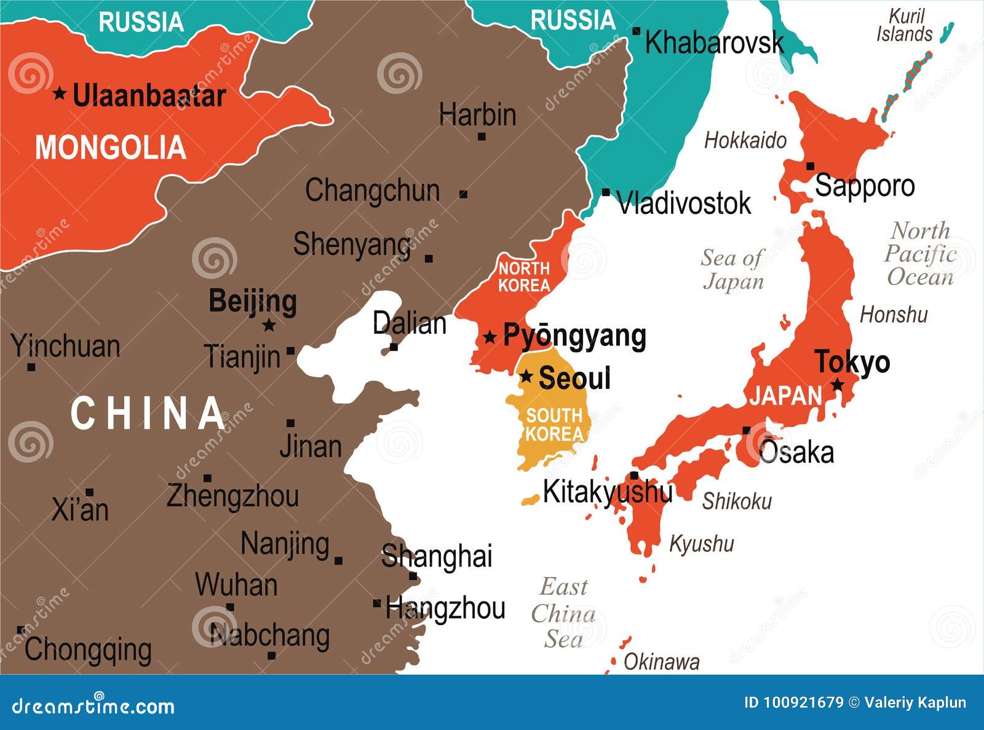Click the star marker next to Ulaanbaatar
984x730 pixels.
coord(59,93)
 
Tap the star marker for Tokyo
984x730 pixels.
coord(838,385)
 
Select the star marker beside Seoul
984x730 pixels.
coord(526,376)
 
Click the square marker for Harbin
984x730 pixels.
coord(482,136)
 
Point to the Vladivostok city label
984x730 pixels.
coord(683,203)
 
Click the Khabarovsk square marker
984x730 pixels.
coord(637,31)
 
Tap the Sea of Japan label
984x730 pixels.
coord(732,269)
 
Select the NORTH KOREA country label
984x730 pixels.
coord(524,277)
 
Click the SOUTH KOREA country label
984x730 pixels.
coord(553,425)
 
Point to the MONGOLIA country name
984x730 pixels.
coord(111,148)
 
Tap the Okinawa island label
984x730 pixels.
coord(661,662)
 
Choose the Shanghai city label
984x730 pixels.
coord(437,557)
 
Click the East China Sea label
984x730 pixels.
coord(563,613)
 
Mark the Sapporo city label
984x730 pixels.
coord(864,186)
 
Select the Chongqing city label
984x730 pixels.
coord(88,650)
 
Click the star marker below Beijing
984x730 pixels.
coord(269,325)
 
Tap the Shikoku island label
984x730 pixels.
coord(737,501)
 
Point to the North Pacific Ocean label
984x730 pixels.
coord(920,254)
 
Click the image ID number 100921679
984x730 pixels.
coord(803,702)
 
